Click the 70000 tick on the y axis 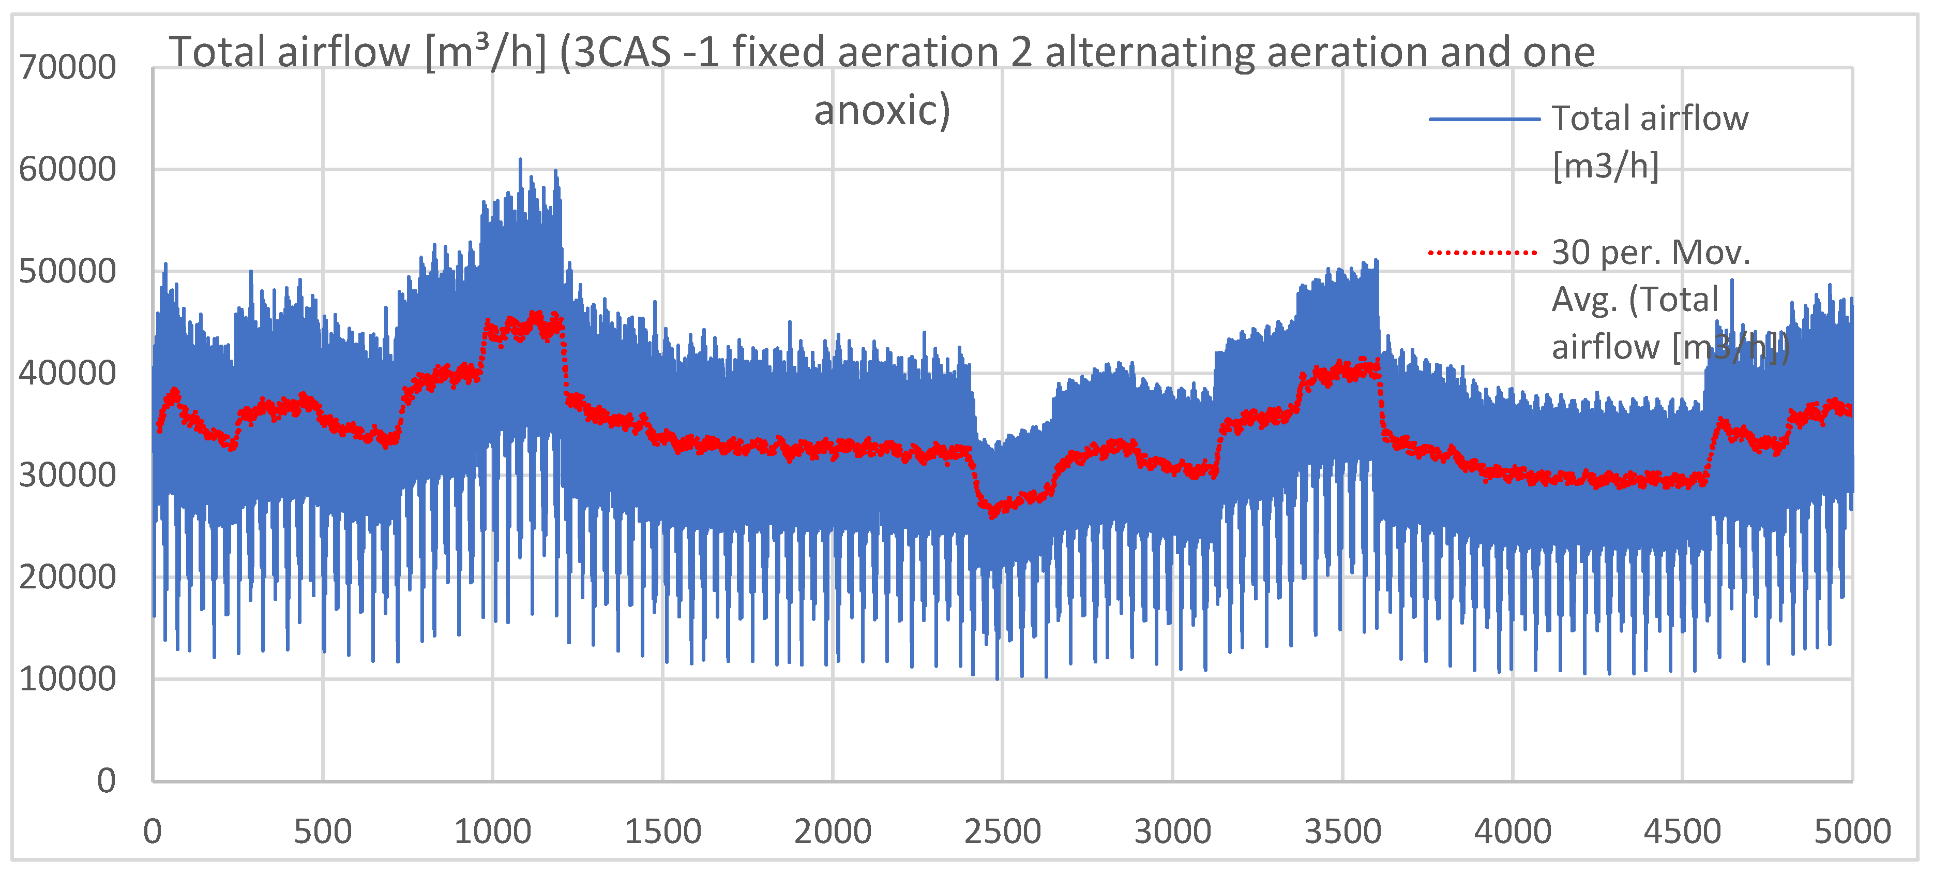click(x=68, y=68)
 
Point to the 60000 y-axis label click(x=68, y=170)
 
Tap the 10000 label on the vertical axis click(x=68, y=679)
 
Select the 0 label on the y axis click(x=107, y=781)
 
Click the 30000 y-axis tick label click(x=68, y=475)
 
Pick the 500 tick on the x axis click(x=323, y=832)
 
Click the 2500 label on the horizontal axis click(x=1003, y=832)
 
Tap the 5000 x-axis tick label click(x=1852, y=832)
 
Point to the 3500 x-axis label click(x=1342, y=832)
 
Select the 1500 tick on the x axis click(x=662, y=832)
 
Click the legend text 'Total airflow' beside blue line click(x=1649, y=119)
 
